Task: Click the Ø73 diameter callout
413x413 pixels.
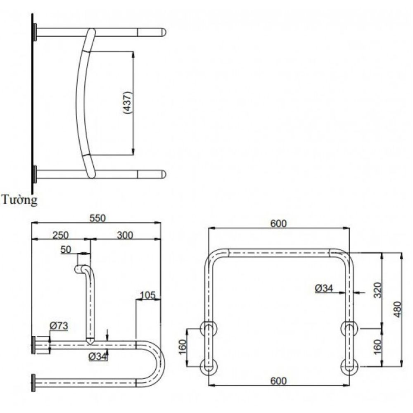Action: tap(59, 326)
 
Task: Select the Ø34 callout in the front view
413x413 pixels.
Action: tap(323, 288)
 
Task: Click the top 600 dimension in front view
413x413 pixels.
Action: tap(278, 223)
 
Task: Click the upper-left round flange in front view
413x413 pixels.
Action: tap(209, 329)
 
